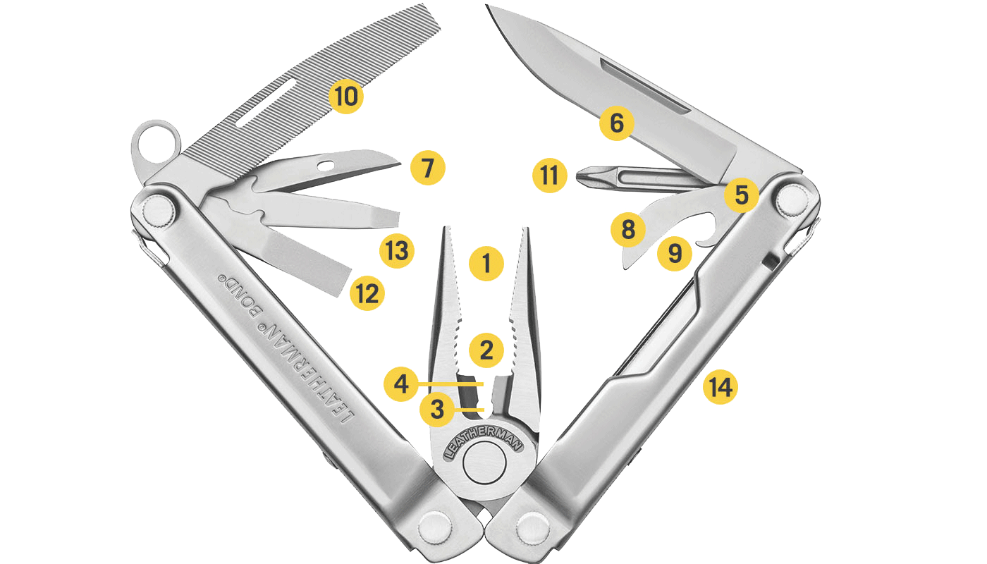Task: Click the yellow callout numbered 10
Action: [346, 96]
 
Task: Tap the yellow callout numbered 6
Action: [617, 123]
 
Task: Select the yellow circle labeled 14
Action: [721, 387]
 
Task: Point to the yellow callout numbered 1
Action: [486, 264]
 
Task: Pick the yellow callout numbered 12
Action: [367, 293]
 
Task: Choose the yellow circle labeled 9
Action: [675, 253]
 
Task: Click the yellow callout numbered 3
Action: [436, 409]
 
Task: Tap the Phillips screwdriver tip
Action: [584, 177]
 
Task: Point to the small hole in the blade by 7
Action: [326, 166]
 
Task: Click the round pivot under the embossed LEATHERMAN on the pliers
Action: [484, 464]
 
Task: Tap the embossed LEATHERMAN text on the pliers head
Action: [483, 443]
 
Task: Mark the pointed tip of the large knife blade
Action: [486, 6]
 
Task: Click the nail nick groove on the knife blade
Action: [645, 87]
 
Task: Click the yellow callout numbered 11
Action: [549, 176]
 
